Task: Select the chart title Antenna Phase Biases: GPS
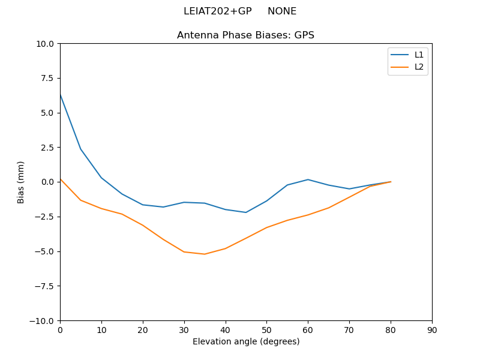pyautogui.click(x=245, y=35)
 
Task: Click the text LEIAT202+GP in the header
pyautogui.click(x=217, y=11)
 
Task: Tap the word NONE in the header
pyautogui.click(x=282, y=11)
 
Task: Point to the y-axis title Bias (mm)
pyautogui.click(x=21, y=182)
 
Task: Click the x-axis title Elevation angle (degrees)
pyautogui.click(x=245, y=341)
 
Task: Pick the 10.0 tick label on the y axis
pyautogui.click(x=46, y=44)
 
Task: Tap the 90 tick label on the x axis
pyautogui.click(x=432, y=330)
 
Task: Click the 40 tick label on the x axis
pyautogui.click(x=225, y=330)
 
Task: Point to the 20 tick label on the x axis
pyautogui.click(x=143, y=330)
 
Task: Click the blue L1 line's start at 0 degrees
pyautogui.click(x=60, y=94)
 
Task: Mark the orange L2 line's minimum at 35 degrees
pyautogui.click(x=205, y=254)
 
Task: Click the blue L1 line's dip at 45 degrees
pyautogui.click(x=246, y=212)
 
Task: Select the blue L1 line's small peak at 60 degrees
pyautogui.click(x=308, y=179)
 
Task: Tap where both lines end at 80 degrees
pyautogui.click(x=391, y=182)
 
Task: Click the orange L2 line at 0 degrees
pyautogui.click(x=60, y=179)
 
